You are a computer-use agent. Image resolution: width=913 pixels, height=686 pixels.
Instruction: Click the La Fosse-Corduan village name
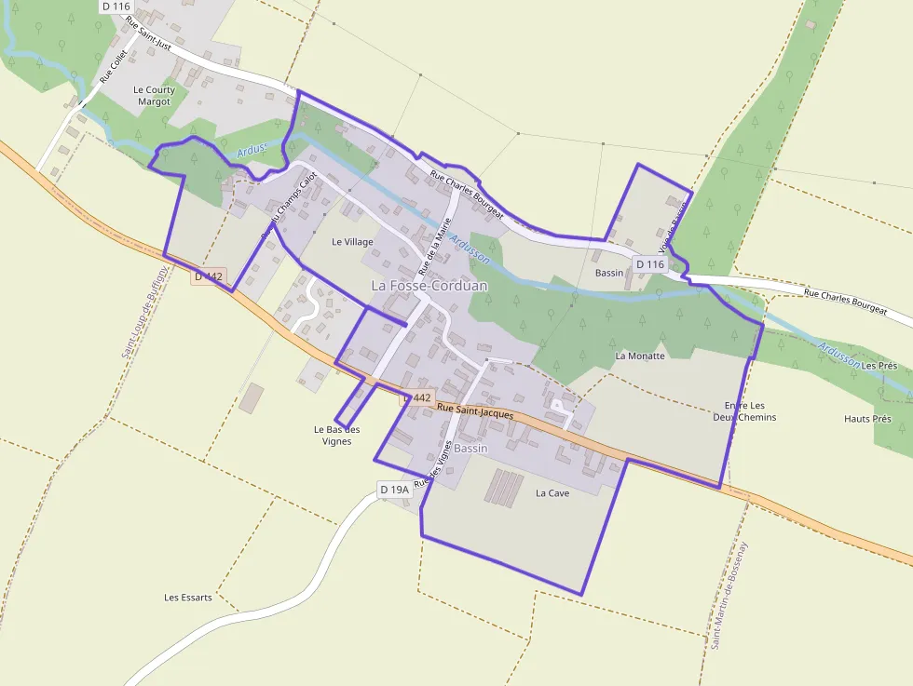429,286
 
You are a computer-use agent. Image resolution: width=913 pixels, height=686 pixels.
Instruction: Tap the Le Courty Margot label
154,96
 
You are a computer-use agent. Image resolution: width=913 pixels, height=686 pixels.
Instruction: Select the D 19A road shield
394,490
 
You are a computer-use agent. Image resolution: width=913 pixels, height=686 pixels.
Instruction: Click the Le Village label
352,242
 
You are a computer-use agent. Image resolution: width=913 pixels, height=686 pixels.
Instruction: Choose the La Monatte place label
640,356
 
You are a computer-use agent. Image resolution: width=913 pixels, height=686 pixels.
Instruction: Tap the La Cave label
552,493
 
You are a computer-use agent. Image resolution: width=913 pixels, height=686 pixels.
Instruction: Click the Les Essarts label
187,598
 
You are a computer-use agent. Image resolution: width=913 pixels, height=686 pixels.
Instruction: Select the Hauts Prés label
867,419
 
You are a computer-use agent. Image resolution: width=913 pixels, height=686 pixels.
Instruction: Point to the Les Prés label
879,366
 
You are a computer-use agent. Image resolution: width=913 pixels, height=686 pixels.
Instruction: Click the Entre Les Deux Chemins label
750,411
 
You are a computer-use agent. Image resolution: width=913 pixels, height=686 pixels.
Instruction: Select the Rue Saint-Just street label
149,32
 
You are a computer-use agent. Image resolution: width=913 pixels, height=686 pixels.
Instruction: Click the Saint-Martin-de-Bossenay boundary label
729,594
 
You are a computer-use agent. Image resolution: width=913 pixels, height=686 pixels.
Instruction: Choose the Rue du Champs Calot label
289,209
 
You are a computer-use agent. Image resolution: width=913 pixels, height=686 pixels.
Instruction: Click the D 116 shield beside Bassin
650,265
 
